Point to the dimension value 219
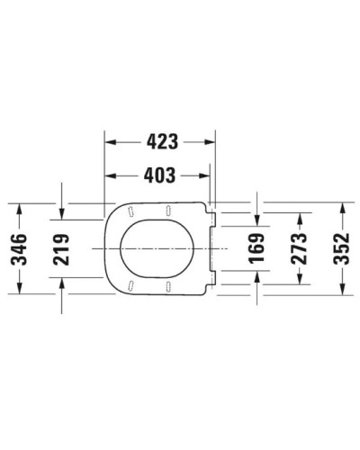click(61, 247)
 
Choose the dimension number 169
click(258, 247)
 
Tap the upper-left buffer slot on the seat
click(131, 212)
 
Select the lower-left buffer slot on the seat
click(131, 284)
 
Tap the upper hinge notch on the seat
click(214, 214)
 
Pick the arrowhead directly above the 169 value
click(258, 220)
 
